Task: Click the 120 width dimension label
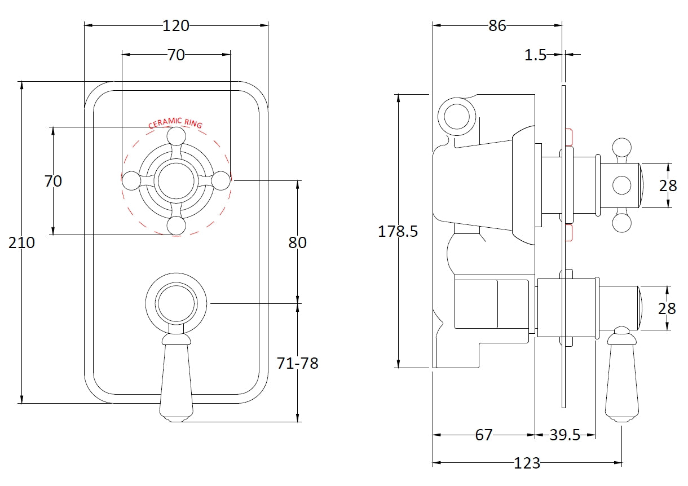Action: coord(176,25)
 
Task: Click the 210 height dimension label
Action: coord(21,243)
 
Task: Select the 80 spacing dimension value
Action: coord(297,242)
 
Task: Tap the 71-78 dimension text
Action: coord(297,364)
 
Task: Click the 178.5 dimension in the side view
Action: coord(398,232)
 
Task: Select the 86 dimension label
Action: coord(497,25)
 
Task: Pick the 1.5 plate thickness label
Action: coord(535,55)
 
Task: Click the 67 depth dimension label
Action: coord(483,435)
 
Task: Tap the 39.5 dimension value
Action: coord(564,435)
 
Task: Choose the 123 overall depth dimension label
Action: coord(527,463)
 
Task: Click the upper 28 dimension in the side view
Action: coord(668,185)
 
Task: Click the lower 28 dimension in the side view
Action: coord(668,308)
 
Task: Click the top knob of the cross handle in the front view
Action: coord(176,136)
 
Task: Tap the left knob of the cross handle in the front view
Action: coord(131,180)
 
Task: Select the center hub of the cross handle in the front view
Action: coord(176,180)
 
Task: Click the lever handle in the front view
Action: coord(176,378)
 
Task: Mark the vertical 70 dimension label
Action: coord(53,182)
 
